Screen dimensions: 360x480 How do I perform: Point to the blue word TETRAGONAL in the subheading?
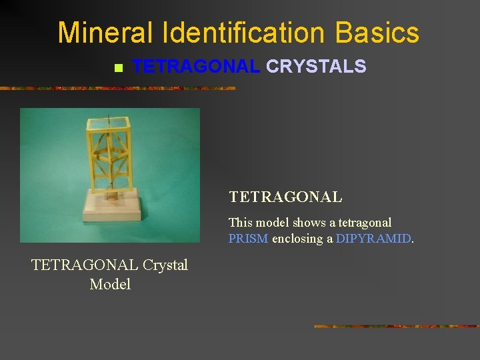coord(196,66)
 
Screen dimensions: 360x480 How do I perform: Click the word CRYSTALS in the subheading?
coord(316,66)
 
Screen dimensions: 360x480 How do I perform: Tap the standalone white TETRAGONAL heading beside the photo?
coord(285,197)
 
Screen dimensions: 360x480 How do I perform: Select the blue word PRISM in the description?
coord(248,239)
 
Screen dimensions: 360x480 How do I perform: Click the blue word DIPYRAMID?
coord(373,239)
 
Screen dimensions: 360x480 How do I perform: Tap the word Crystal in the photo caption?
coord(165,265)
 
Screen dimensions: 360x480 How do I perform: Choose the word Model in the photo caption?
coord(110,284)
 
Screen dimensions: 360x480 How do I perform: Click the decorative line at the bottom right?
coord(396,326)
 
